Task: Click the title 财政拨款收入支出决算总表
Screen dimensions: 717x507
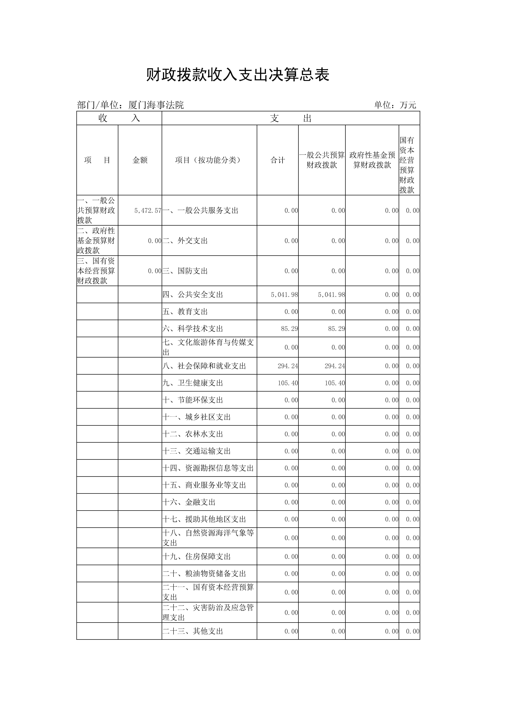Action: (238, 75)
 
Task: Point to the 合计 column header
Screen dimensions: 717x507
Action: (278, 160)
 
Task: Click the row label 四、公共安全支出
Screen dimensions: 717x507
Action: (193, 295)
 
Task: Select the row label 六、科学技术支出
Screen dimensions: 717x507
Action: (193, 329)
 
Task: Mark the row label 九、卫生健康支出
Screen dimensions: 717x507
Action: (193, 383)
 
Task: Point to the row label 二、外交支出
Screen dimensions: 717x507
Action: (185, 241)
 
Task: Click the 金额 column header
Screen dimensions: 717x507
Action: (140, 160)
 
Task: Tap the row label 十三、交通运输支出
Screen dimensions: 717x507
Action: (196, 451)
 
